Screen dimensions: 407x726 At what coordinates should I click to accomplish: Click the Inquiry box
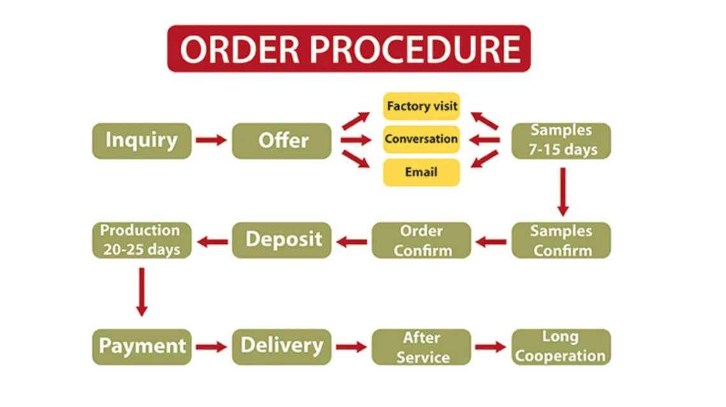(x=141, y=141)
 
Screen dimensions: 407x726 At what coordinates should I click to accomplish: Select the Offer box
(x=281, y=141)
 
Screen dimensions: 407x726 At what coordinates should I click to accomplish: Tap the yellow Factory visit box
(x=421, y=106)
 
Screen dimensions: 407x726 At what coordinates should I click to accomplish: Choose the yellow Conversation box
(x=421, y=139)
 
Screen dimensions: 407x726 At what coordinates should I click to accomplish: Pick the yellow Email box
(x=421, y=172)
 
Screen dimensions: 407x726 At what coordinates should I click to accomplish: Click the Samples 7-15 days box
(x=561, y=141)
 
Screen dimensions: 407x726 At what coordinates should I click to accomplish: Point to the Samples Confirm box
(x=561, y=240)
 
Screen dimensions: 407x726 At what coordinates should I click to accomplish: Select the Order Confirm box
(x=421, y=240)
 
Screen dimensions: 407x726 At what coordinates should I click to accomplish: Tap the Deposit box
(x=281, y=240)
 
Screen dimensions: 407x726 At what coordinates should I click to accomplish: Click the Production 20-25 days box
(x=141, y=240)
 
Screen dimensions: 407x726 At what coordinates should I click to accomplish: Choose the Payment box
(x=141, y=346)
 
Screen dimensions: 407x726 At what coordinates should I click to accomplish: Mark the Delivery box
(x=281, y=346)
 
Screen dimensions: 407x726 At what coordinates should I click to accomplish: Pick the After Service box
(x=421, y=346)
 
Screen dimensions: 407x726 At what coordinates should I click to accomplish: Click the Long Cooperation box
(x=561, y=346)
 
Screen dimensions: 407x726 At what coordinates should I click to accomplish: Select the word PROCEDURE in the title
(x=417, y=49)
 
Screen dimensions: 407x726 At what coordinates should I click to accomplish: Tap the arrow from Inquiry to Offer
(x=211, y=140)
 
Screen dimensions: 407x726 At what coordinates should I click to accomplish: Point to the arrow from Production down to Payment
(x=141, y=291)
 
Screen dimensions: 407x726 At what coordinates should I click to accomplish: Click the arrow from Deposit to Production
(x=213, y=241)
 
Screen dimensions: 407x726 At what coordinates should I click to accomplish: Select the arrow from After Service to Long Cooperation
(x=490, y=347)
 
